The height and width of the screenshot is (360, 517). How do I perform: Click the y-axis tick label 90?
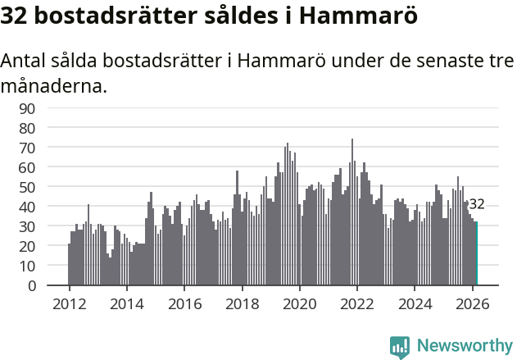click(x=50, y=108)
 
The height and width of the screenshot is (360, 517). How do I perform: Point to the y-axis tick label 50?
click(x=50, y=187)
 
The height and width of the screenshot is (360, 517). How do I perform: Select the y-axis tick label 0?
click(x=54, y=286)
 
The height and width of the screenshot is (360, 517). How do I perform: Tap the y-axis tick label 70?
click(x=50, y=148)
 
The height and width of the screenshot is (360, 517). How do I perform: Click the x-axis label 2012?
click(x=69, y=303)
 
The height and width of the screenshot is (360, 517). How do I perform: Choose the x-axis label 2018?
click(x=242, y=303)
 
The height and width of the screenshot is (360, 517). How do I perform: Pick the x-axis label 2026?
click(x=472, y=303)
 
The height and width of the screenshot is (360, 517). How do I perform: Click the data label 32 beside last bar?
click(x=477, y=204)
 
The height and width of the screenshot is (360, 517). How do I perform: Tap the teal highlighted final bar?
click(x=476, y=254)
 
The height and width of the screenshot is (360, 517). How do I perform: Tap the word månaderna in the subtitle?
click(x=53, y=85)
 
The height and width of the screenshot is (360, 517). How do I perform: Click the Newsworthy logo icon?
click(x=400, y=347)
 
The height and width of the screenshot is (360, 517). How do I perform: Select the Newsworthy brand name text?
click(x=465, y=346)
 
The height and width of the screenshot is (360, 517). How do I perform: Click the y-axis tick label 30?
click(x=50, y=227)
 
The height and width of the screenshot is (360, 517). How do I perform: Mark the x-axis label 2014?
click(x=126, y=303)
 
